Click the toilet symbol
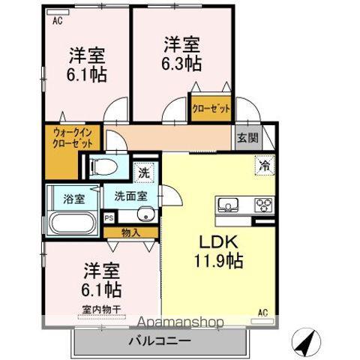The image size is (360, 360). tap(104, 166)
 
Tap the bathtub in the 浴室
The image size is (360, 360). tap(73, 223)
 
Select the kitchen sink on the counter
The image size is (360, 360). tap(228, 204)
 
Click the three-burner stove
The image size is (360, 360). tap(263, 205)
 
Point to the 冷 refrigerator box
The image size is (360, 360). tap(265, 165)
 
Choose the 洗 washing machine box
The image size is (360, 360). tap(144, 172)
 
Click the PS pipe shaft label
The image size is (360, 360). tap(109, 218)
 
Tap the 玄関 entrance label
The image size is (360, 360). tap(247, 137)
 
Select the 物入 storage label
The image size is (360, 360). tap(130, 233)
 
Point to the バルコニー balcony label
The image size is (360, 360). tap(160, 340)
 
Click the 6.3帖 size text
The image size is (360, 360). tap(181, 64)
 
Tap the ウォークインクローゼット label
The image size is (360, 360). tap(73, 138)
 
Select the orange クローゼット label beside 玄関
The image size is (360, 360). tap(211, 109)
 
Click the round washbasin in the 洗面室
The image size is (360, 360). tap(145, 214)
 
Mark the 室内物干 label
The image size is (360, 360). tap(101, 310)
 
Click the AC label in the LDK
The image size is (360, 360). tap(262, 313)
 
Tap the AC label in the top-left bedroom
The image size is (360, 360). tap(58, 21)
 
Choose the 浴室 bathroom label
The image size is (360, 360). tap(73, 199)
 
